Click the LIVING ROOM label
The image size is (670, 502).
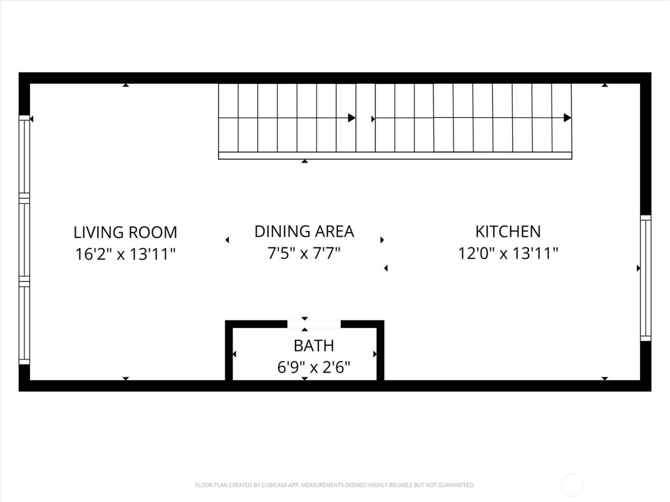[125, 232]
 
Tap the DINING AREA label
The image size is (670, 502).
[304, 231]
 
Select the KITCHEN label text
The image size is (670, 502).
[508, 231]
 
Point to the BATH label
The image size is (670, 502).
[313, 345]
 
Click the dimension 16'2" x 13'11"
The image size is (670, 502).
[125, 254]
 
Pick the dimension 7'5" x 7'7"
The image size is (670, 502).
[304, 253]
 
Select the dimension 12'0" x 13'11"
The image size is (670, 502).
[508, 253]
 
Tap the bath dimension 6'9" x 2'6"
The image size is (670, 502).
[313, 367]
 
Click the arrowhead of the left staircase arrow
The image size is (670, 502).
[352, 118]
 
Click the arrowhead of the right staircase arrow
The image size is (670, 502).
[568, 118]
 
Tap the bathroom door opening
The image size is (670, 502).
[314, 324]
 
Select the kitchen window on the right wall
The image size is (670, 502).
[646, 278]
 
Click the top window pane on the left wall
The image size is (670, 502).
[24, 155]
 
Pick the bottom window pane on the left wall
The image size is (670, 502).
[24, 323]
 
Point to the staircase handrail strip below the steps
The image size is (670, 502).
[395, 155]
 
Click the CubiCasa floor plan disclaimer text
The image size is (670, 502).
[335, 485]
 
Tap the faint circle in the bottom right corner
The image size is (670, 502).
[572, 485]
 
